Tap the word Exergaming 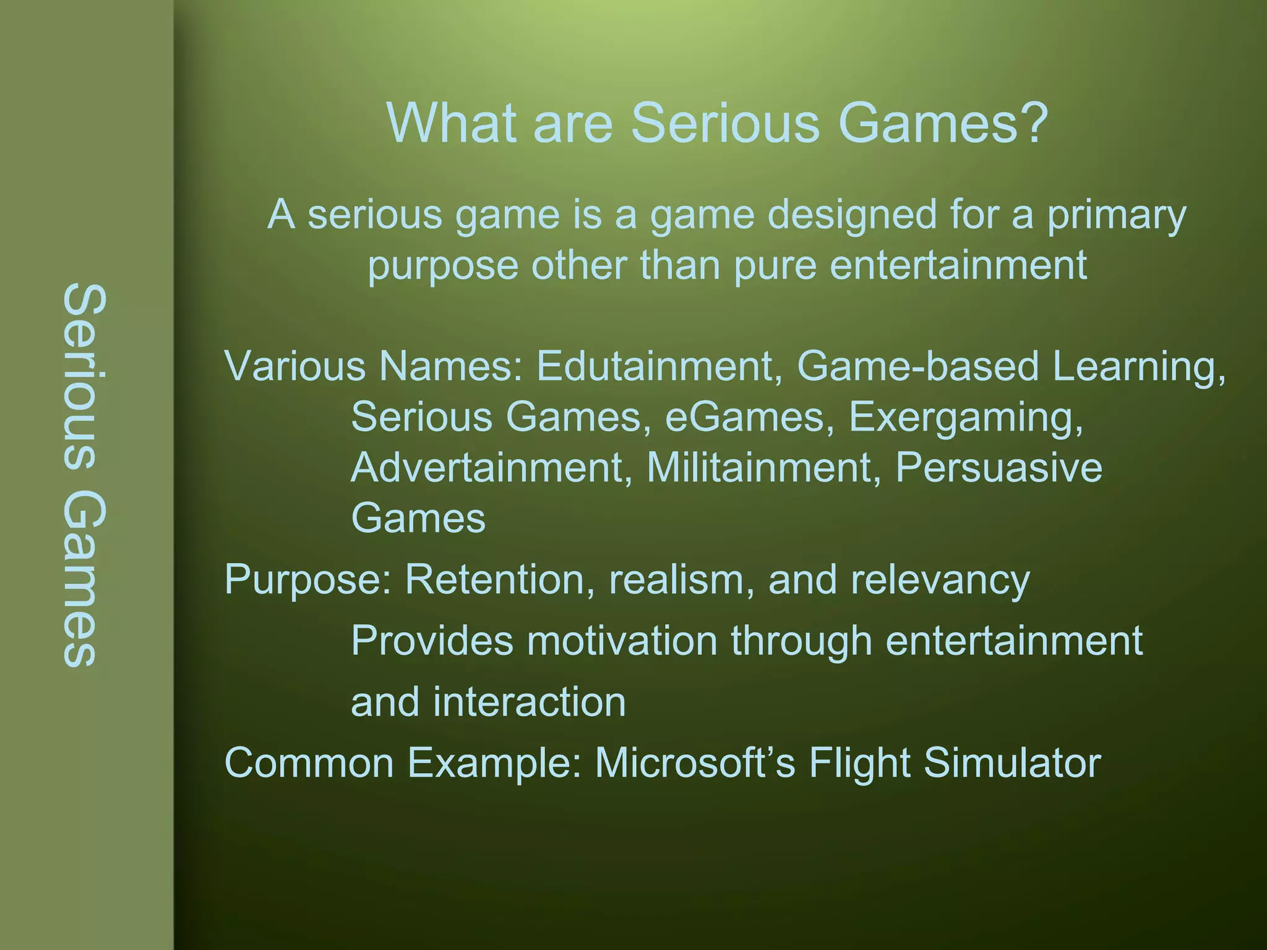965,417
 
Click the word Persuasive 999,467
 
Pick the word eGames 745,417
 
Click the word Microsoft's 694,763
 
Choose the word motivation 622,640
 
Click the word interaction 529,702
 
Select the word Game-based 917,366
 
